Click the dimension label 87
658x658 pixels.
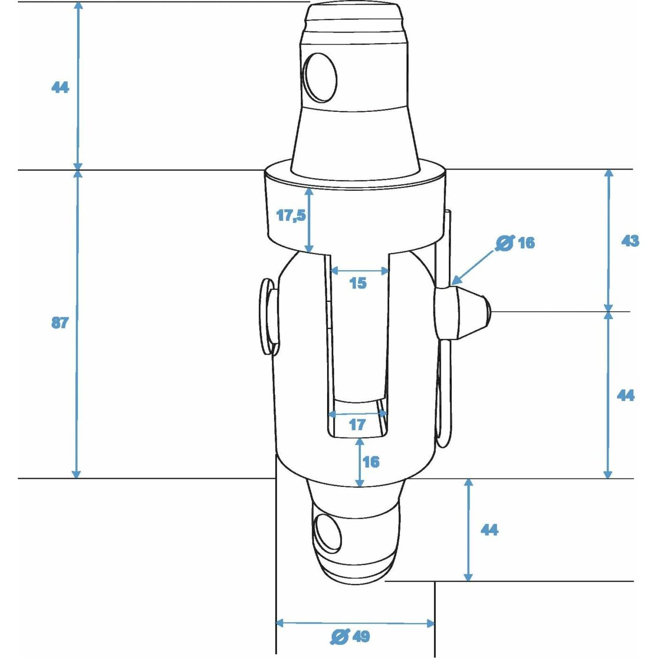pos(60,323)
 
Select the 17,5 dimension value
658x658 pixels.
pos(291,215)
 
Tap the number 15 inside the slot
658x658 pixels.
pos(358,283)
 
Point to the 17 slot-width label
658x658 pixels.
pos(358,425)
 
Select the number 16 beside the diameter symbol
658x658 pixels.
pos(526,243)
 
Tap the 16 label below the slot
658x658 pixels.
pos(371,462)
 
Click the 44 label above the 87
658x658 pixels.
pos(60,88)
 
